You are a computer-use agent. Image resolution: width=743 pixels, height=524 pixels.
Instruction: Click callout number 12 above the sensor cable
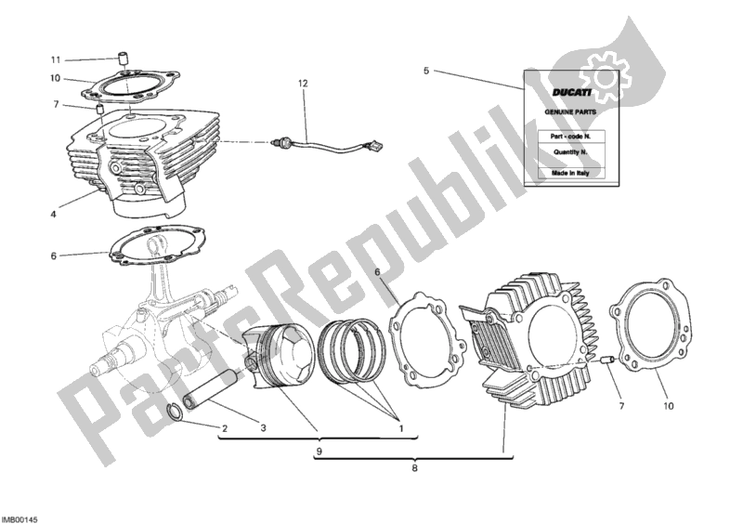coord(302,85)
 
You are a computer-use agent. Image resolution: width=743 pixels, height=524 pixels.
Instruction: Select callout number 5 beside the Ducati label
coord(426,71)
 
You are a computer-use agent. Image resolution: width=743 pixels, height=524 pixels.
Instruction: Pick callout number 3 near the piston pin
coord(264,427)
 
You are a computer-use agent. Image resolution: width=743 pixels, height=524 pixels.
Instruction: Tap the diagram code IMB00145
coord(20,516)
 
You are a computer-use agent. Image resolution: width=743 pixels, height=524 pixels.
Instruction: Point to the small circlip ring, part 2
coord(173,414)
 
